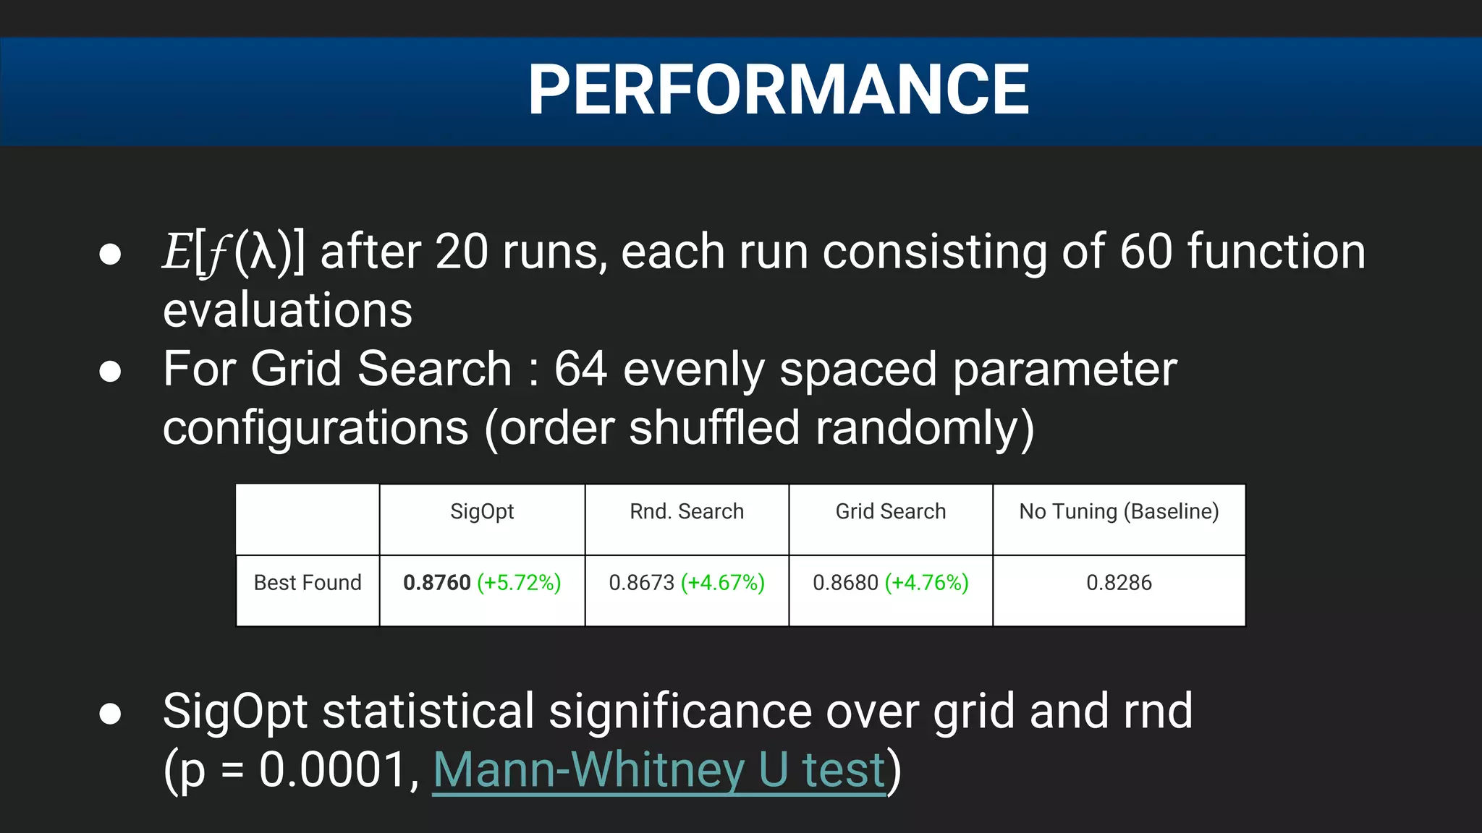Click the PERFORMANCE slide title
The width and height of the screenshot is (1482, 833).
[778, 90]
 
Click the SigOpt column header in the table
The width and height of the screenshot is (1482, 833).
[482, 511]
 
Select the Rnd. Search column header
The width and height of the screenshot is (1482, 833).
[686, 511]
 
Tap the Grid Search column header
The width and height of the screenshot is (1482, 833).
[890, 511]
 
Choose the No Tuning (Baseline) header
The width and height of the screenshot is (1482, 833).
[1119, 511]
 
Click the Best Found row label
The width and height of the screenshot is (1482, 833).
[308, 582]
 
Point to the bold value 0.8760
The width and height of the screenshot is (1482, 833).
[436, 582]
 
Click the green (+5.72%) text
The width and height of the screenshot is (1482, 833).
[519, 582]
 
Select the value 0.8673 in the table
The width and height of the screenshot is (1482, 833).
[641, 582]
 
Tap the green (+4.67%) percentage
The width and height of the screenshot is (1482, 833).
[723, 582]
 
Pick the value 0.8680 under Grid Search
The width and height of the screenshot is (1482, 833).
[845, 582]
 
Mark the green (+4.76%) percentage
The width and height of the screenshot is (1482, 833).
[927, 582]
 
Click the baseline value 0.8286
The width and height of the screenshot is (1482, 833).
[1119, 582]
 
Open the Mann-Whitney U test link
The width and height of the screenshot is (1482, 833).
[659, 769]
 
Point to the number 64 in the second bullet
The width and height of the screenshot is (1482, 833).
[580, 369]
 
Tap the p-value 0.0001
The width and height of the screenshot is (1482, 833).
[334, 769]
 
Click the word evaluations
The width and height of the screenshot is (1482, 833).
[287, 310]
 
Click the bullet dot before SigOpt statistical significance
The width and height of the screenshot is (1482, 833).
[110, 714]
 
